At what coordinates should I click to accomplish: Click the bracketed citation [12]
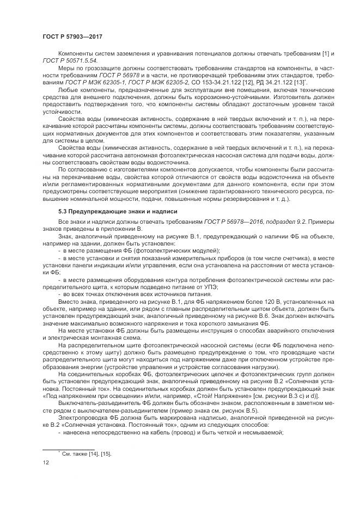tap(242, 81)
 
